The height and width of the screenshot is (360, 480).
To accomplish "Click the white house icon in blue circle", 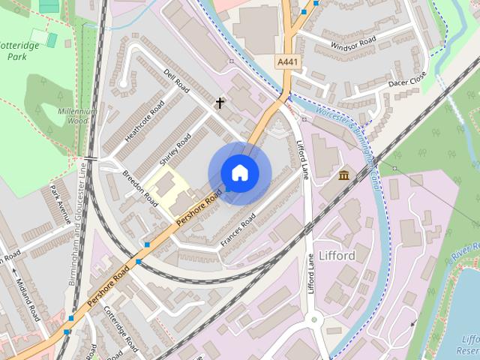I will point(238,172).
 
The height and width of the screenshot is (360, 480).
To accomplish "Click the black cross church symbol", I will point(220,102).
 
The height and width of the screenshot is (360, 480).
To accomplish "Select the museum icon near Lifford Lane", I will point(343,175).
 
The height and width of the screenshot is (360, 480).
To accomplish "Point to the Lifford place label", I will point(337,255).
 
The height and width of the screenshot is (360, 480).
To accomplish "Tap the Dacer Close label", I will point(406,79).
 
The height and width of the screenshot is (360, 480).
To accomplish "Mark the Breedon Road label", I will point(140,188).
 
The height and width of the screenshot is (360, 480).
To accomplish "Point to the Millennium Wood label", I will point(78,115).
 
